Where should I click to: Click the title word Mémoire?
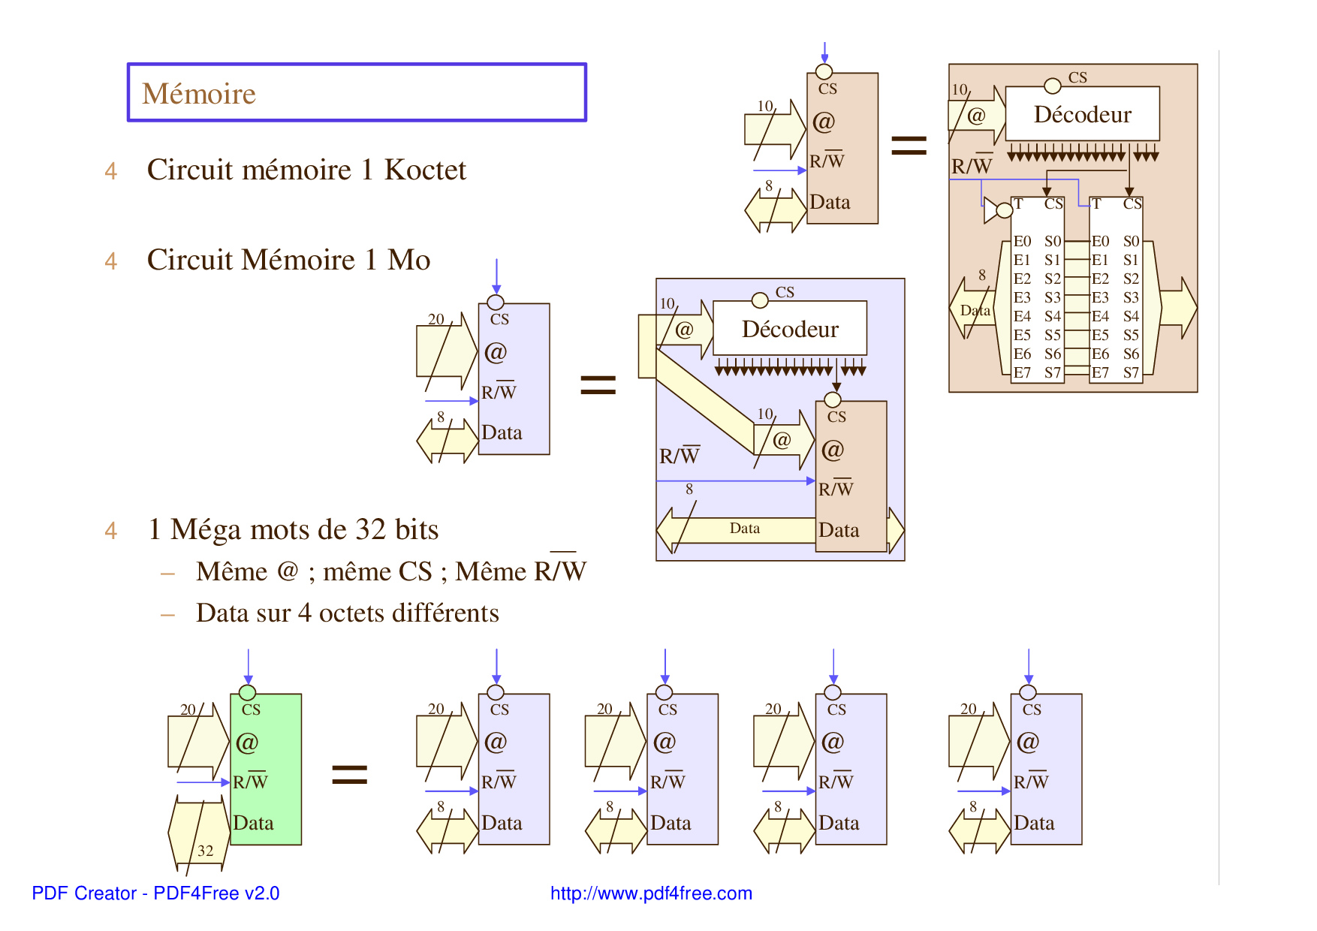click(199, 94)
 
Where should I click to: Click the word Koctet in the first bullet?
click(425, 170)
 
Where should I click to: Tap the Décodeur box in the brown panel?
click(1082, 114)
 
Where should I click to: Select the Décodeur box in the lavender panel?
click(790, 329)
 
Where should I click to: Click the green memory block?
click(266, 769)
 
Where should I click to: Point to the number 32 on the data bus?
click(205, 851)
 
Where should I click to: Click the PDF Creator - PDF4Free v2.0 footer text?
click(155, 893)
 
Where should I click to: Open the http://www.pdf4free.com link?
click(651, 893)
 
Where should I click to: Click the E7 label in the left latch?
click(1022, 373)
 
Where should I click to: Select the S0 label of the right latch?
click(1131, 242)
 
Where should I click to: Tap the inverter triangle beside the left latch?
click(991, 211)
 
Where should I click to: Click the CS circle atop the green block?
click(247, 692)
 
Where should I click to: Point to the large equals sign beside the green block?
click(350, 774)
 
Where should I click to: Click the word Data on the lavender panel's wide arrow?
click(744, 529)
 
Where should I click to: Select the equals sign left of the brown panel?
click(909, 145)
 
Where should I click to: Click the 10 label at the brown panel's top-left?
click(960, 90)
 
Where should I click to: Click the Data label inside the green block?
click(253, 824)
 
